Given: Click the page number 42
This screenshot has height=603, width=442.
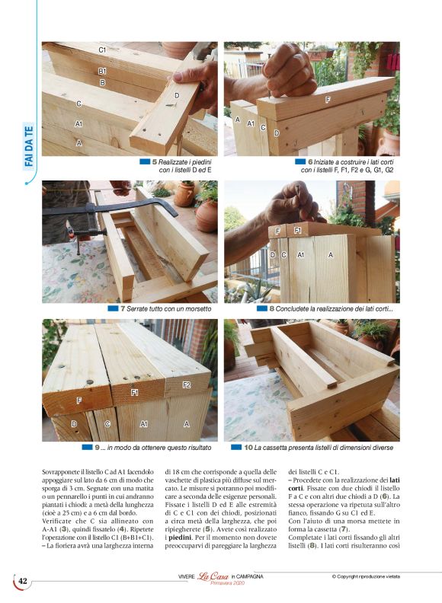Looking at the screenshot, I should click(23, 581).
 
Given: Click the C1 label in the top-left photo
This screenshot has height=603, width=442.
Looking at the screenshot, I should click(102, 49).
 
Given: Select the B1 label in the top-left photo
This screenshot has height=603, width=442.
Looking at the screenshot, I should click(102, 70).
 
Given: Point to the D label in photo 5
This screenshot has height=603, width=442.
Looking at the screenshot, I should click(177, 95).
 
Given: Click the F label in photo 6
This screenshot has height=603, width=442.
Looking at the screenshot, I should click(328, 100).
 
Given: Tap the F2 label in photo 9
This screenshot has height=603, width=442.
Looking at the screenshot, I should click(186, 385).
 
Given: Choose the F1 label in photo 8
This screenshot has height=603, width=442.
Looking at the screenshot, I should click(297, 230).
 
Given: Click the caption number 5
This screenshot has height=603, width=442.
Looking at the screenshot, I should click(155, 162).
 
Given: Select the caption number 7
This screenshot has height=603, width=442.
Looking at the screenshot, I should click(123, 308).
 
